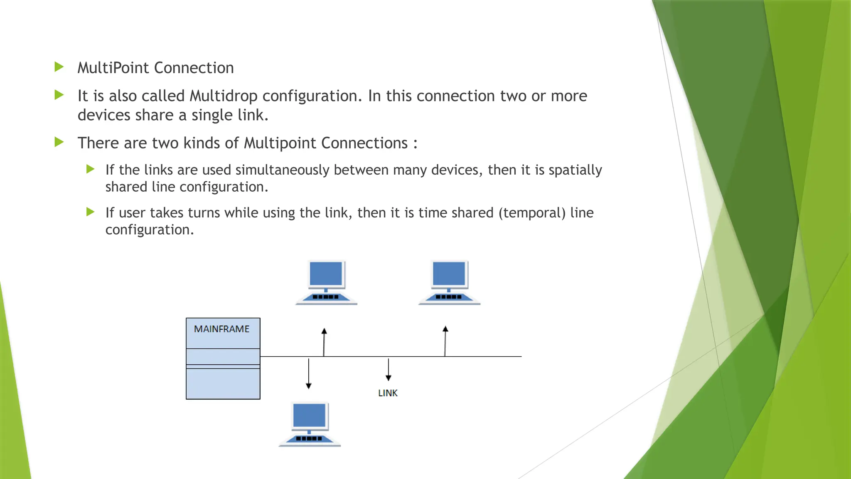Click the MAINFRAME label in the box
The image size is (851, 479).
(221, 329)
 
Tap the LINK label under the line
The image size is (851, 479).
(388, 393)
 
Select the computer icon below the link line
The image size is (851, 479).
(310, 425)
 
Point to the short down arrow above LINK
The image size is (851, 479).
(389, 370)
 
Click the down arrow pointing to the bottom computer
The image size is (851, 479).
(308, 373)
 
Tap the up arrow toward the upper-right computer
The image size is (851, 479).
(445, 341)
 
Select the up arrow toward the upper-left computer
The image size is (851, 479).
(324, 342)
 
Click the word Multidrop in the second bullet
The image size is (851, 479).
(224, 96)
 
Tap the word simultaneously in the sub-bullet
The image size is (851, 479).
(282, 170)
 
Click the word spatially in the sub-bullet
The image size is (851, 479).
(575, 170)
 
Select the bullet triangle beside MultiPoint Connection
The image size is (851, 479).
(59, 67)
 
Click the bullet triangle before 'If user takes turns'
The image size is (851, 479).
(90, 212)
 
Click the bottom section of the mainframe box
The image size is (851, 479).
(223, 383)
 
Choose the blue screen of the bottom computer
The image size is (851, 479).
(309, 415)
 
